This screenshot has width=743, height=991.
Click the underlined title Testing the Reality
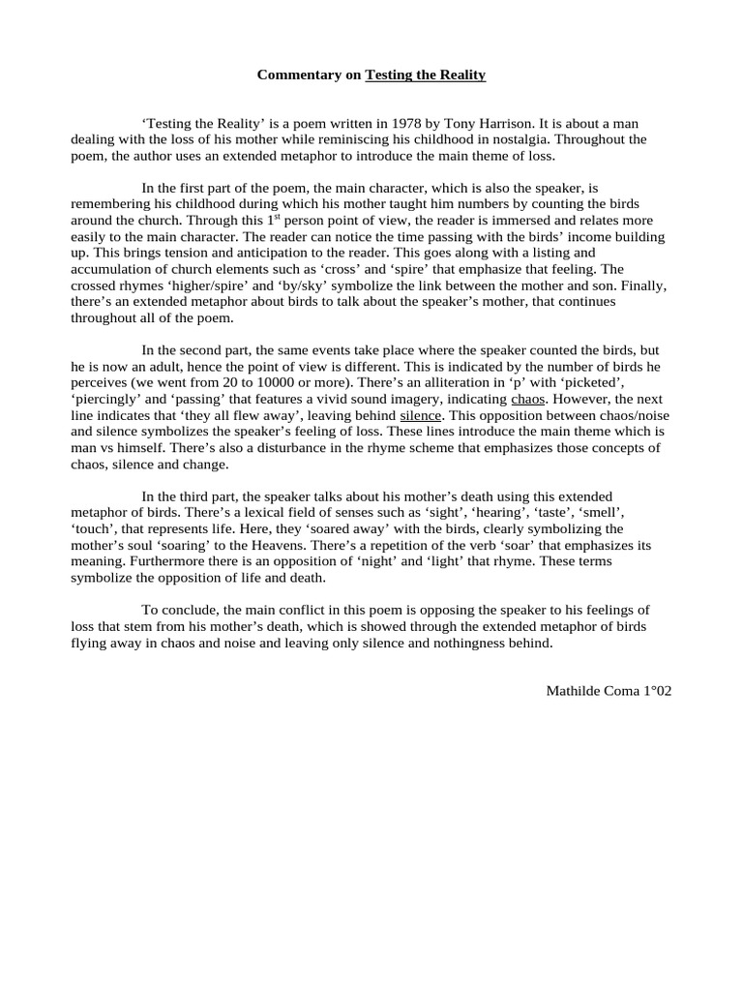tap(425, 75)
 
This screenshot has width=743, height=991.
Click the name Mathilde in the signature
tap(575, 692)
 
